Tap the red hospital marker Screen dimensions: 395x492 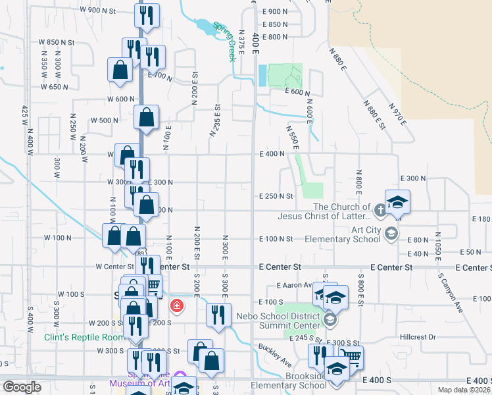176,305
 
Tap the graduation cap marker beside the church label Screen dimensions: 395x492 397,201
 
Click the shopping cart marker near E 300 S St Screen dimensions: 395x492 351,358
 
